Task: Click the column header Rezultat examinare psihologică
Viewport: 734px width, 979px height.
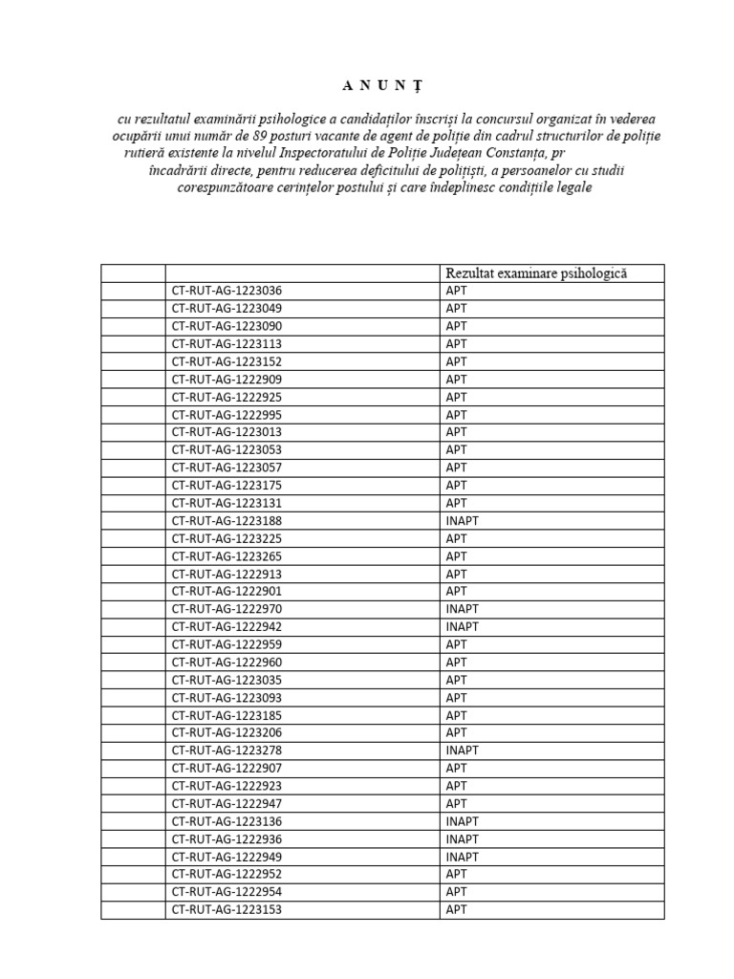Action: pos(535,273)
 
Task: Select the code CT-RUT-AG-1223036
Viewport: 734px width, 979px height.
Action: pos(227,291)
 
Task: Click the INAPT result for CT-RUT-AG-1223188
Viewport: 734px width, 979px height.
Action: pos(462,521)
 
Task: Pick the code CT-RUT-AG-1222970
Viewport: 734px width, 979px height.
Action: pos(227,609)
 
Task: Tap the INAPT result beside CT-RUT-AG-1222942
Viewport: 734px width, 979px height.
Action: pos(462,627)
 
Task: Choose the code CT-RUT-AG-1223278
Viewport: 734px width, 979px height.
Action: pos(227,751)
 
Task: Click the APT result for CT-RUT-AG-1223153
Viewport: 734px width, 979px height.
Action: pos(456,910)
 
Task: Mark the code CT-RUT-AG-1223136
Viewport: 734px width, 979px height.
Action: pos(227,821)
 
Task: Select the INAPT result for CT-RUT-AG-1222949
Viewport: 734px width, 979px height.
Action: pos(462,857)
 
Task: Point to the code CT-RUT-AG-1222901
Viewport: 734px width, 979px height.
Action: pos(227,592)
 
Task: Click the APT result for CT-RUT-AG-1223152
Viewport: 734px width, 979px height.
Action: pos(456,361)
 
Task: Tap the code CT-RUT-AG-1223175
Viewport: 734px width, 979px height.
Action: pos(227,486)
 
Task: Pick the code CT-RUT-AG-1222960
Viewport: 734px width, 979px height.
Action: pos(227,663)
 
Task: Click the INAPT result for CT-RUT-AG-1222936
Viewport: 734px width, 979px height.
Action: pos(462,839)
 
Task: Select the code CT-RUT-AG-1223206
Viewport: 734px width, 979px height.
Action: pos(227,733)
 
